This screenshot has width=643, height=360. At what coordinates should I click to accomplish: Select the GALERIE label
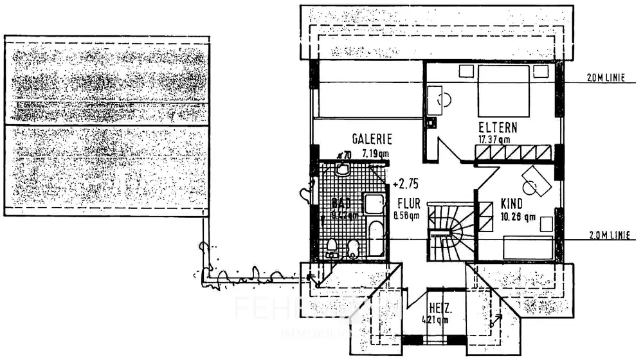[x=372, y=139]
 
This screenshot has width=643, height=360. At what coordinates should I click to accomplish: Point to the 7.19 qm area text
[x=375, y=154]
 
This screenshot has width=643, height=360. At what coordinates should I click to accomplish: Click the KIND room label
[x=512, y=204]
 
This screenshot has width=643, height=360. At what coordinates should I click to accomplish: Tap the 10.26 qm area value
[x=518, y=217]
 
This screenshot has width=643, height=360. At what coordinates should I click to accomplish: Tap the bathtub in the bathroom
[x=376, y=238]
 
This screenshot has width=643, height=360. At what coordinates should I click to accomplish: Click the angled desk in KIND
[x=535, y=181]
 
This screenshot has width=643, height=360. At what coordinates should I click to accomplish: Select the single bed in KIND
[x=527, y=248]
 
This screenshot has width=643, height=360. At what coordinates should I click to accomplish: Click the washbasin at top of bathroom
[x=342, y=170]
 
